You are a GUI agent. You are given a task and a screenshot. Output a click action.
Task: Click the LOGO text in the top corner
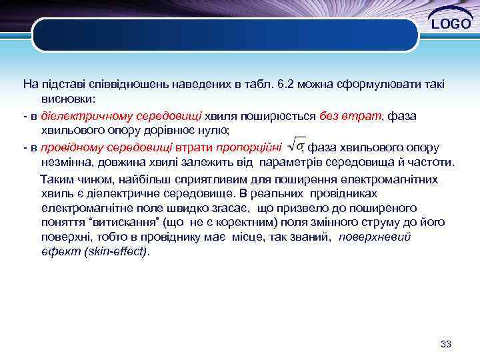click(x=451, y=25)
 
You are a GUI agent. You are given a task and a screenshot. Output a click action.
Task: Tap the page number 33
click(x=447, y=344)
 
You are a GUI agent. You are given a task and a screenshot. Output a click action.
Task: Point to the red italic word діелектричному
click(x=81, y=115)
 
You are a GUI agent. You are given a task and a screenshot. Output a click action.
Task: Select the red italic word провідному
click(x=69, y=147)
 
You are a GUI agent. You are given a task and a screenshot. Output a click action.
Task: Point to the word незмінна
click(x=65, y=162)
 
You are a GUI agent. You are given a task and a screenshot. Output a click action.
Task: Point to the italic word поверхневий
click(x=375, y=237)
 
